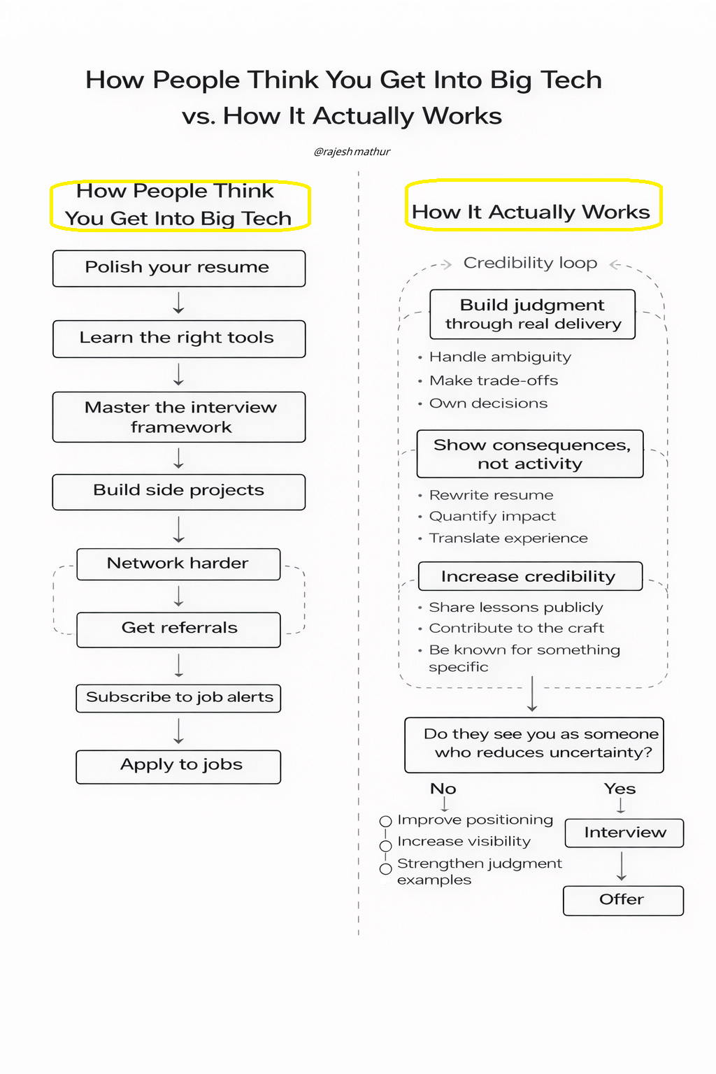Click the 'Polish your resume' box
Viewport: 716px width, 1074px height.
point(179,268)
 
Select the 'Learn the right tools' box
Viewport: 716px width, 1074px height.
point(179,339)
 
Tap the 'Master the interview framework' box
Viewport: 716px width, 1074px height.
point(179,417)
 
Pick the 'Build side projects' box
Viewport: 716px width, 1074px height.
point(179,492)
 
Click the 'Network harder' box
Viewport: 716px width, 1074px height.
point(178,564)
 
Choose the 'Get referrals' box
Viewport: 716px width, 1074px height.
point(178,629)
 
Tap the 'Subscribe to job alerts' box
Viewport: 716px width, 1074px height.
point(178,698)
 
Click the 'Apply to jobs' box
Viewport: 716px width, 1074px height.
point(178,766)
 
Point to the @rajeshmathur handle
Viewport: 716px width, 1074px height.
point(352,152)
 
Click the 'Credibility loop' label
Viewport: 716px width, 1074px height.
point(530,263)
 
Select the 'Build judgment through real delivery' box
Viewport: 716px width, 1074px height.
point(533,315)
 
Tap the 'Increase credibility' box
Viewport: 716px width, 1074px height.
point(530,576)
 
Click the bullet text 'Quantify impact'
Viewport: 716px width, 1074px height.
point(492,516)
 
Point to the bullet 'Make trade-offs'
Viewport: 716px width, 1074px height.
point(494,380)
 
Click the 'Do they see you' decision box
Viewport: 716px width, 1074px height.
point(534,744)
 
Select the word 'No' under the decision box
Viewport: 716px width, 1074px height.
point(443,789)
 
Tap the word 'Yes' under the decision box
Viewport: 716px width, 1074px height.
point(620,789)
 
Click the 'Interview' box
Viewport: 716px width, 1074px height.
point(624,833)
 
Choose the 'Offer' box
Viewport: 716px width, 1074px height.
point(623,900)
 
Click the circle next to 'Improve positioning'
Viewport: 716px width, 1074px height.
point(385,822)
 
